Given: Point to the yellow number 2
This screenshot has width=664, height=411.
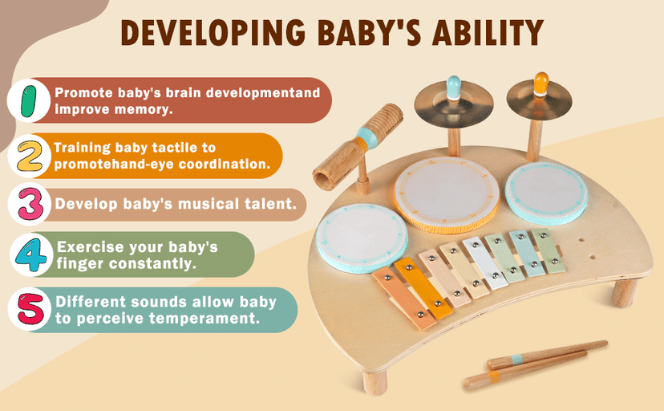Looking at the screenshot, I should [x=29, y=157].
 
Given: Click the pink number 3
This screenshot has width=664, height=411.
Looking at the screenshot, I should [x=29, y=205].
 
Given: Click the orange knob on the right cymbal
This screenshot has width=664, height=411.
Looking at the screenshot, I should [x=541, y=83].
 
